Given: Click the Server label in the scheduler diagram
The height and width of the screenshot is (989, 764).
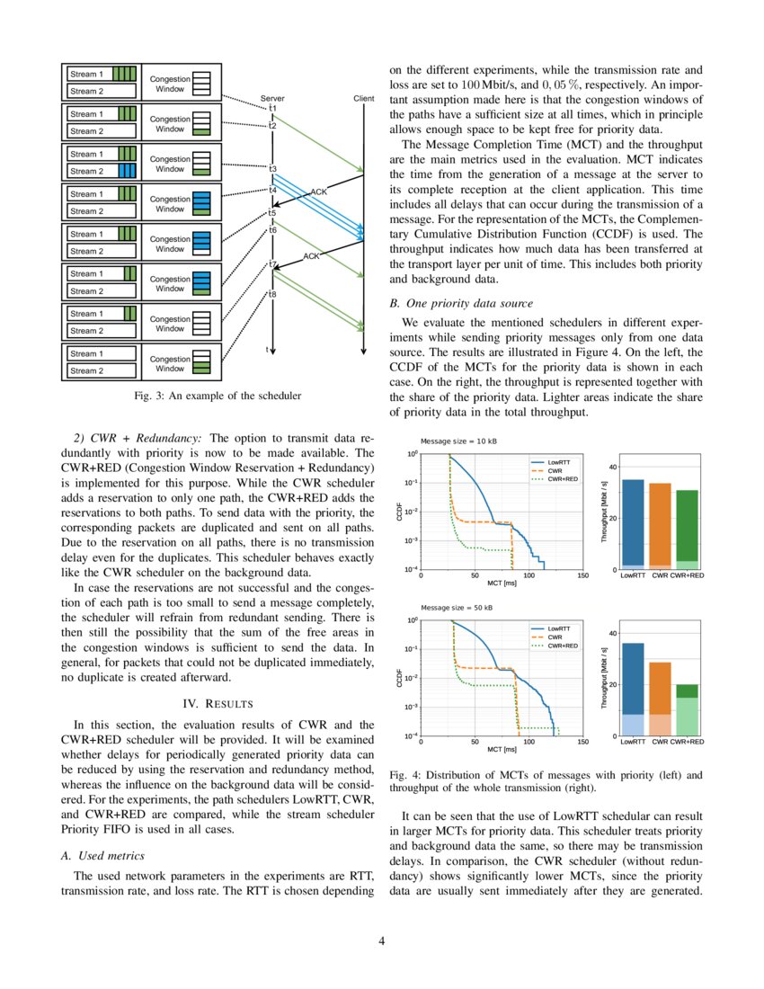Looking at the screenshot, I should pos(272,97).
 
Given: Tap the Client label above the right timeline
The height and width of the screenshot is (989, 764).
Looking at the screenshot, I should pos(364,97).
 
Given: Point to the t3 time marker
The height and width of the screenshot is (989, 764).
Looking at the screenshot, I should pos(272,168).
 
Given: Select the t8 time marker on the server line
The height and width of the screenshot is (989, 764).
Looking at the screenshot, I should pos(272,294).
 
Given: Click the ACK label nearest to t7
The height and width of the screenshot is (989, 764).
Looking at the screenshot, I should pos(311,256).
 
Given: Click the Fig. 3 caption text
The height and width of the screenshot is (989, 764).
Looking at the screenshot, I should pos(216,395).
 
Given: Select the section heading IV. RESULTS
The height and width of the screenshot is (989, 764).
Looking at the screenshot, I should pos(217,702).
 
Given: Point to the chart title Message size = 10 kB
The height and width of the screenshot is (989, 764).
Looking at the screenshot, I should pos(458,441).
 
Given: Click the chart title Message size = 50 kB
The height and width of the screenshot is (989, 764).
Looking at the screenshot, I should pos(458,608).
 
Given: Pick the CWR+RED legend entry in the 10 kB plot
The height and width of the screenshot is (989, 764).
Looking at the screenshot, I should pos(562,479).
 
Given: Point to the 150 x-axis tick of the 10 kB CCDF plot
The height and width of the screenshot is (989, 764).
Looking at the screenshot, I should pos(582,576).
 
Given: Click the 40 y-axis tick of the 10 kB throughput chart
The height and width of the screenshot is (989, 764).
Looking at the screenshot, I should pos(614,467).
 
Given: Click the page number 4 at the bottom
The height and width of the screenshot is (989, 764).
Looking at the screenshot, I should pos(382,941).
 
